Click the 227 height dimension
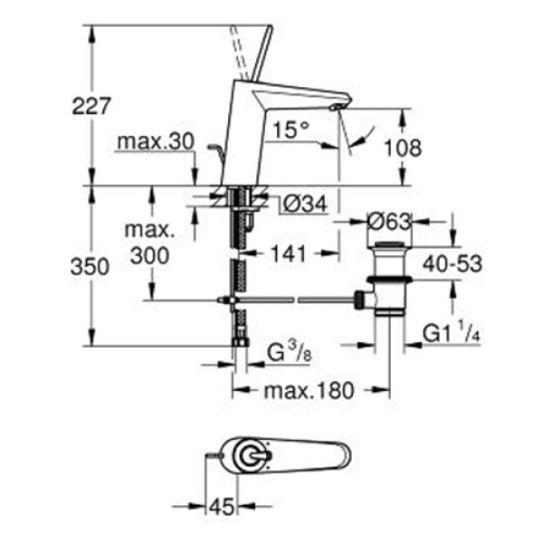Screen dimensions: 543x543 tap(91, 106)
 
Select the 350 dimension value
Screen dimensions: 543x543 tap(90, 267)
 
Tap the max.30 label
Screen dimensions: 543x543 tap(157, 142)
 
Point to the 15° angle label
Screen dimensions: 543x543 tap(291, 129)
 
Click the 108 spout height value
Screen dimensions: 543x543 tap(403, 148)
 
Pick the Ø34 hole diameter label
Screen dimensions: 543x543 tap(305, 205)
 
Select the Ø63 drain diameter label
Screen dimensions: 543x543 tap(389, 222)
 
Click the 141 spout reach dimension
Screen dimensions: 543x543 tap(289, 253)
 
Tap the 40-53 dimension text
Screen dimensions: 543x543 tap(452, 264)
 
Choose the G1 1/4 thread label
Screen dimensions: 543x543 tap(452, 332)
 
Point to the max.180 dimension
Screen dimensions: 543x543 tap(310, 391)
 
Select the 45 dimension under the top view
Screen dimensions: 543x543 tap(222, 508)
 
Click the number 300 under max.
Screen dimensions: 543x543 tap(150, 256)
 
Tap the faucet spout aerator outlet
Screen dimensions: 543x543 tap(335, 108)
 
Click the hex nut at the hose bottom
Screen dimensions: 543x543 tap(241, 342)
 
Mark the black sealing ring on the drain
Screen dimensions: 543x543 tap(389, 279)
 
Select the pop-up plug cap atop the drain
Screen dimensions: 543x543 tap(389, 245)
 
